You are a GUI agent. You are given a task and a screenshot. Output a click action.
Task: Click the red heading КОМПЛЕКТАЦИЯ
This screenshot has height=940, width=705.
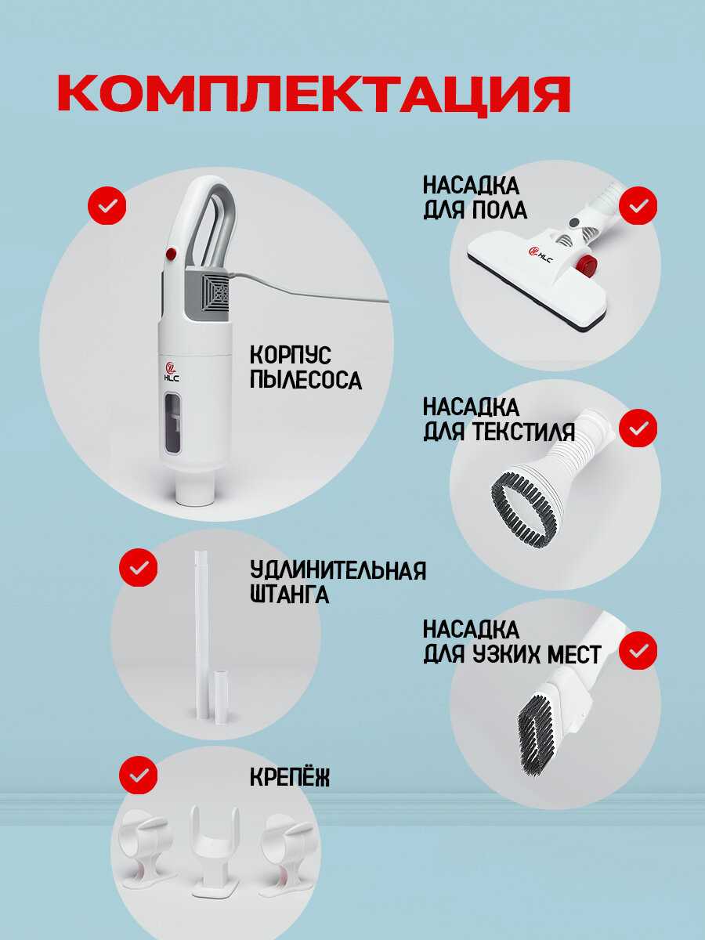point(314,94)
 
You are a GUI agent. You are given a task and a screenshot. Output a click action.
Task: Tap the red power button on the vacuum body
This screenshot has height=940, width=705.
point(171,253)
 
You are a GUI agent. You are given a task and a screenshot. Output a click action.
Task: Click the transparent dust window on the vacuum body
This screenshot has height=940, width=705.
point(172,421)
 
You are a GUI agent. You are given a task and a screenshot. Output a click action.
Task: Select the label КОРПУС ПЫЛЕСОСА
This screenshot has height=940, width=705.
point(305,367)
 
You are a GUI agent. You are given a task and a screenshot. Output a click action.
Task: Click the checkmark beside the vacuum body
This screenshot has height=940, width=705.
point(107,205)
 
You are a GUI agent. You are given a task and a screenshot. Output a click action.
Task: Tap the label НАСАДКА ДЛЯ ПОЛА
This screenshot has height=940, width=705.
point(475,198)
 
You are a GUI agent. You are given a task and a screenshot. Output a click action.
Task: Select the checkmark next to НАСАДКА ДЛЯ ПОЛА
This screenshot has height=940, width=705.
point(638,205)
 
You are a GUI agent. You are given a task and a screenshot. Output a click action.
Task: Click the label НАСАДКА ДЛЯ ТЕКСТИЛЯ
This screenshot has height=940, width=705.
point(499,419)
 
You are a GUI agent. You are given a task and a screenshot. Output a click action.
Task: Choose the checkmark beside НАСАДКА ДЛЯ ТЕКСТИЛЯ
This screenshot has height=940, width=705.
point(638,428)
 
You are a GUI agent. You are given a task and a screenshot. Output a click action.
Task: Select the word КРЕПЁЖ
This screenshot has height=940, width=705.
point(290,777)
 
